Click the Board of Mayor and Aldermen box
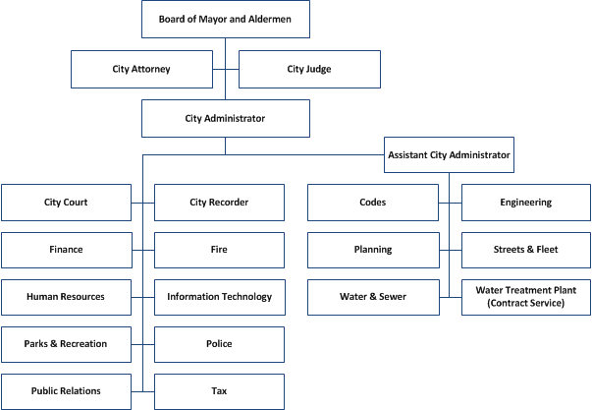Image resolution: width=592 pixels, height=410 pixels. click(226, 19)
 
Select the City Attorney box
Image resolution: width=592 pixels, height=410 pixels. click(141, 70)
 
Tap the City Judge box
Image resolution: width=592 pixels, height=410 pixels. click(309, 70)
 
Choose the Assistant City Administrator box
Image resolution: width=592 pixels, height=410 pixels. click(449, 154)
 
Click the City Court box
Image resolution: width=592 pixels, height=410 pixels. click(66, 203)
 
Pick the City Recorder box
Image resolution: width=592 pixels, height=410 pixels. click(219, 203)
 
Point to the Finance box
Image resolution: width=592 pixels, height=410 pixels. click(66, 250)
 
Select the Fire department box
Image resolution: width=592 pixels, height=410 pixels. click(219, 250)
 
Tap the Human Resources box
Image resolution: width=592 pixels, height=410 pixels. click(66, 297)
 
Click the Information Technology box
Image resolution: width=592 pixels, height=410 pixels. click(219, 297)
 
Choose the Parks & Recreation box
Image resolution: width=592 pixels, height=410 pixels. click(66, 344)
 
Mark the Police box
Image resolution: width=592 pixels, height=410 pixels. click(219, 344)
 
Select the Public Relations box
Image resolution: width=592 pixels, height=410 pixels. click(66, 391)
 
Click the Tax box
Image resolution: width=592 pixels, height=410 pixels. click(219, 391)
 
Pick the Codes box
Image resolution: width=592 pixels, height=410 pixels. click(372, 203)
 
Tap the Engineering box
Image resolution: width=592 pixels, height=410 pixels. click(526, 203)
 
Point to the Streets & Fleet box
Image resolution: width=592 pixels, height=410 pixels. click(526, 250)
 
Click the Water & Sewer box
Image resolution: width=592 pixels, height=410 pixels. click(372, 297)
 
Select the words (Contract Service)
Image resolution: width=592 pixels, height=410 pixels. click(526, 304)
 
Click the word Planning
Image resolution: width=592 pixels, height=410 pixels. click(372, 250)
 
